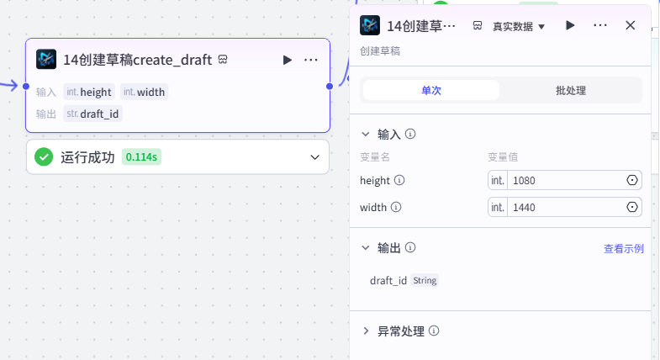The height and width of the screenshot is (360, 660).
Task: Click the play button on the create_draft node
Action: click(287, 61)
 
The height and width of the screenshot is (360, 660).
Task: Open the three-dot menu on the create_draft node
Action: click(310, 61)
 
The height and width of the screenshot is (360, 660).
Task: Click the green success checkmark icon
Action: click(44, 157)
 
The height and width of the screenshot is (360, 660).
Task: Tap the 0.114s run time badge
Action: click(141, 157)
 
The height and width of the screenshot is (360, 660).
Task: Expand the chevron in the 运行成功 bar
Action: click(314, 157)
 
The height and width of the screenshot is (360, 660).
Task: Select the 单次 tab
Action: click(431, 91)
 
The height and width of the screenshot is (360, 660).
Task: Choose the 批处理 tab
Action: click(571, 91)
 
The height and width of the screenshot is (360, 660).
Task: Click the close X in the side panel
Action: click(630, 25)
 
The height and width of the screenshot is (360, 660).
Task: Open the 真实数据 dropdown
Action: click(519, 27)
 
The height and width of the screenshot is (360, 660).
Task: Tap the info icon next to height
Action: click(399, 180)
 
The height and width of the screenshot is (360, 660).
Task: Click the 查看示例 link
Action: click(623, 249)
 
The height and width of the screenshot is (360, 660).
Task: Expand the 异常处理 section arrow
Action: click(366, 331)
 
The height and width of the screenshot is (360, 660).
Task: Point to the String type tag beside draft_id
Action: click(425, 280)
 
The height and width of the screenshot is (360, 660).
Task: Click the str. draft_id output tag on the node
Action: click(92, 114)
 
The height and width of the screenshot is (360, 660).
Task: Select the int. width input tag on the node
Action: click(144, 92)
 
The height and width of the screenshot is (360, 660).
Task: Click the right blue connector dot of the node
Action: click(330, 87)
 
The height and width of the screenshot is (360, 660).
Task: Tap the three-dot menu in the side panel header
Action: click(600, 25)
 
